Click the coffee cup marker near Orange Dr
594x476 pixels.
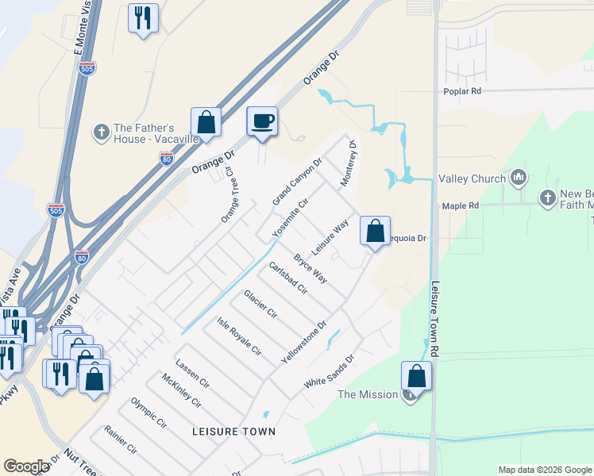pyautogui.click(x=262, y=121)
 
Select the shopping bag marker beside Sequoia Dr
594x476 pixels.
pyautogui.click(x=375, y=232)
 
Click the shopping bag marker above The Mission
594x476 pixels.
pyautogui.click(x=416, y=376)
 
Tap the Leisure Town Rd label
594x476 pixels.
pyautogui.click(x=435, y=318)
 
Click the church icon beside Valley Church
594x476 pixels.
pyautogui.click(x=519, y=176)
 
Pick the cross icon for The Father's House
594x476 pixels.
pyautogui.click(x=101, y=132)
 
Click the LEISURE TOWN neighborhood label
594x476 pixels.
pyautogui.click(x=233, y=432)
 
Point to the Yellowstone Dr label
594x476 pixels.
pyautogui.click(x=304, y=343)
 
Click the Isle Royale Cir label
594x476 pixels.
pyautogui.click(x=239, y=335)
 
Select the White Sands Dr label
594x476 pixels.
pyautogui.click(x=328, y=372)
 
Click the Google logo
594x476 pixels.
pyautogui.click(x=26, y=466)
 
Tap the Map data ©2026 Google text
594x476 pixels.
pyautogui.click(x=544, y=470)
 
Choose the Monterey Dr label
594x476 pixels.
pyautogui.click(x=349, y=164)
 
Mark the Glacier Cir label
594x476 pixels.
pyautogui.click(x=260, y=304)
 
